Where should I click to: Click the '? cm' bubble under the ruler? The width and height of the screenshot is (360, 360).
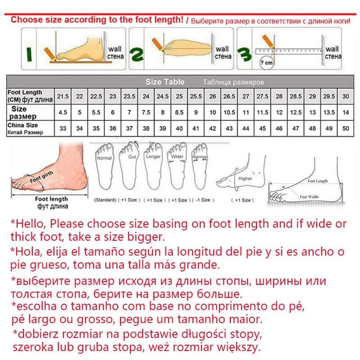coord(267,63)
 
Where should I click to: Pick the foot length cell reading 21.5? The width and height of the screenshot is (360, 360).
coord(63,96)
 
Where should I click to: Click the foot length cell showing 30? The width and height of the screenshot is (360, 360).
coord(346,96)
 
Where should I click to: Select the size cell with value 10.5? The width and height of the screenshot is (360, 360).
coord(229,112)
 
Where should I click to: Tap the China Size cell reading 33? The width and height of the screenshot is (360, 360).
coord(63,128)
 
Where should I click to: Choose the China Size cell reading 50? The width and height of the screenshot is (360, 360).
coord(346,128)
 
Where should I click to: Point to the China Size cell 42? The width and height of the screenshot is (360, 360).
coord(213,128)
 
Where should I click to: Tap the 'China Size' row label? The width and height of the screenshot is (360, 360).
coord(22,125)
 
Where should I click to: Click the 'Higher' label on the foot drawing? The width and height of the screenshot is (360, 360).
coord(245,179)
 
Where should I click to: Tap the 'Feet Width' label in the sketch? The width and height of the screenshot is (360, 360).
coord(309,197)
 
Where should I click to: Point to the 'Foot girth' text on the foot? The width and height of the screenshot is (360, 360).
coord(41,176)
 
